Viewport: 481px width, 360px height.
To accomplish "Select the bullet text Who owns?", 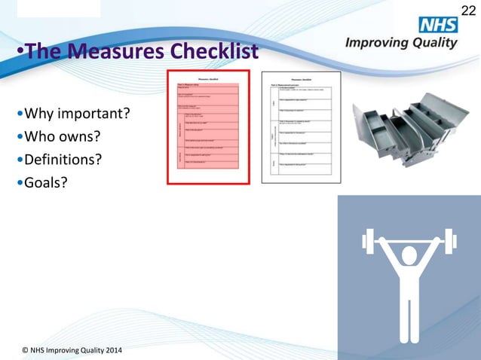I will click(63, 138).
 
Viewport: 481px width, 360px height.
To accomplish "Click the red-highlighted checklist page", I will click(210, 128).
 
